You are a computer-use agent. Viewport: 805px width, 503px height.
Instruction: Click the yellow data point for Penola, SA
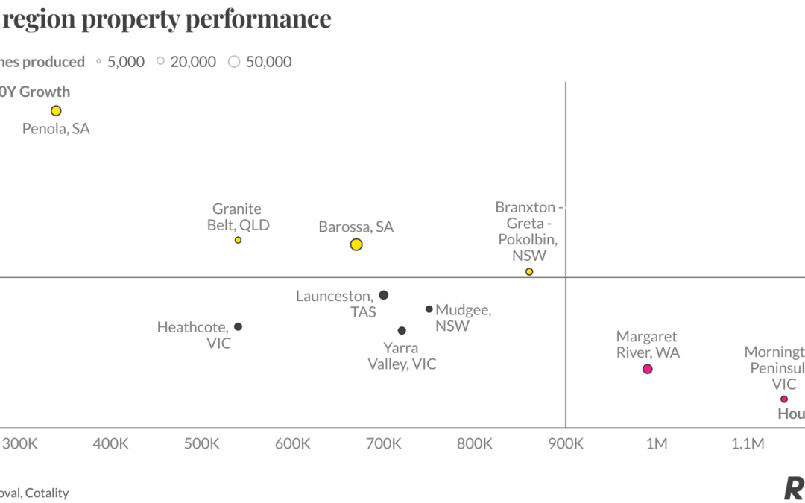(x=56, y=111)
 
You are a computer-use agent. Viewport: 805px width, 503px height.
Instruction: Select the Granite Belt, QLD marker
(x=238, y=240)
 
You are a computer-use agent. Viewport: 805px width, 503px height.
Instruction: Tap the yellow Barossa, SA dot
(x=356, y=244)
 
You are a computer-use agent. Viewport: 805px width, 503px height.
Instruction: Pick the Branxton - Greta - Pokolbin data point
(x=529, y=272)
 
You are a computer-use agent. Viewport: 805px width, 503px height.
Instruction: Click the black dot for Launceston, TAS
(x=384, y=295)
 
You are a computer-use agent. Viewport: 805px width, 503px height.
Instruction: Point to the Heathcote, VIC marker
(x=238, y=326)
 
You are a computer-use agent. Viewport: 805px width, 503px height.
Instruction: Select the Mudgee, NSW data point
(x=429, y=309)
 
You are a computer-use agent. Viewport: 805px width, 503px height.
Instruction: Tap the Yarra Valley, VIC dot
(x=402, y=330)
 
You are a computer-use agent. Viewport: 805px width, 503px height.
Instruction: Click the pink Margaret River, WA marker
(x=648, y=369)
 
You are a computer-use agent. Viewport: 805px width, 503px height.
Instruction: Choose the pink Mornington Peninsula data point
(x=784, y=399)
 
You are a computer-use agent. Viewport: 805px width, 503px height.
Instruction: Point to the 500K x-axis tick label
(x=201, y=444)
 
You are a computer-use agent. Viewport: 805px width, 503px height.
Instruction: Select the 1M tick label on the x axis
(x=656, y=444)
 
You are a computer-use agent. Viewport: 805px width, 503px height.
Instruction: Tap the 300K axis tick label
(x=20, y=444)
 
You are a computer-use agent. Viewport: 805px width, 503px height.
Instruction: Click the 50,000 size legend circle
(x=234, y=62)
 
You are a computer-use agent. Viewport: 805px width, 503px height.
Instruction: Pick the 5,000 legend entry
(x=125, y=62)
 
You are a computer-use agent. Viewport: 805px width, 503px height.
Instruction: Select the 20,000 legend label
(x=193, y=62)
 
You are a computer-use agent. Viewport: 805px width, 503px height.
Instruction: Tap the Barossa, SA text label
(x=356, y=227)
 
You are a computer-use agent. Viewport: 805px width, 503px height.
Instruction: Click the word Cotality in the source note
(x=47, y=493)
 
